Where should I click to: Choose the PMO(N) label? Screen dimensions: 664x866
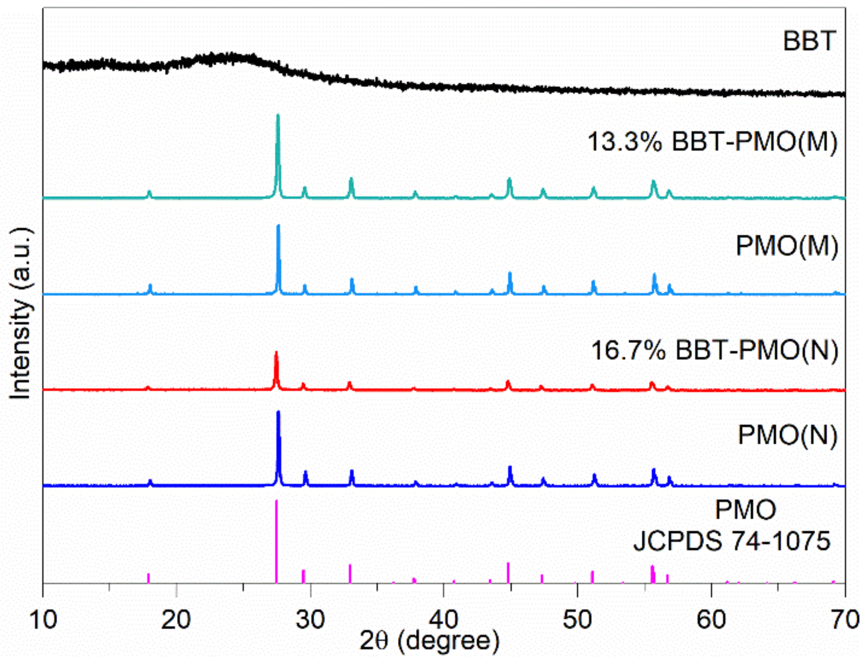[787, 435]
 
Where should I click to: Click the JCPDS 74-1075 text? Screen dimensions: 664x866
[731, 540]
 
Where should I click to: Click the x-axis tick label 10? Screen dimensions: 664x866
[43, 619]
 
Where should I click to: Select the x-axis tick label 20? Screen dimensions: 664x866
[176, 619]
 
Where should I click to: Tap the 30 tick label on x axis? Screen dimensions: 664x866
[310, 619]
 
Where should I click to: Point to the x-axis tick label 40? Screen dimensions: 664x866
[444, 619]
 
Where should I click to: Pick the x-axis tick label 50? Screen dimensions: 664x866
[577, 619]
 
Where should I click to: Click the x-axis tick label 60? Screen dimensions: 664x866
[711, 619]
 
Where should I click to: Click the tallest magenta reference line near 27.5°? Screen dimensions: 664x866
[276, 542]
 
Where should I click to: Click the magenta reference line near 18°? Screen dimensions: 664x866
[148, 578]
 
